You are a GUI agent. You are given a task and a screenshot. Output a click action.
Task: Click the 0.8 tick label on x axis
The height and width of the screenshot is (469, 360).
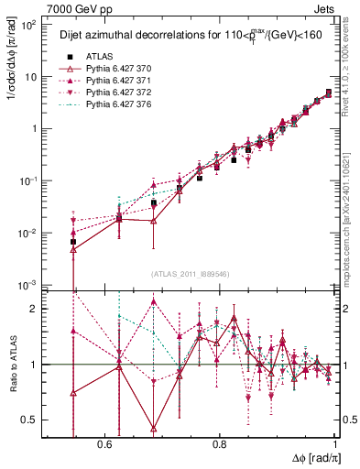click(x=220, y=443)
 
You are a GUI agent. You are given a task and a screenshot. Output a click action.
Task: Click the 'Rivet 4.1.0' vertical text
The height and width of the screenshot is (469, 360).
click(x=351, y=69)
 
